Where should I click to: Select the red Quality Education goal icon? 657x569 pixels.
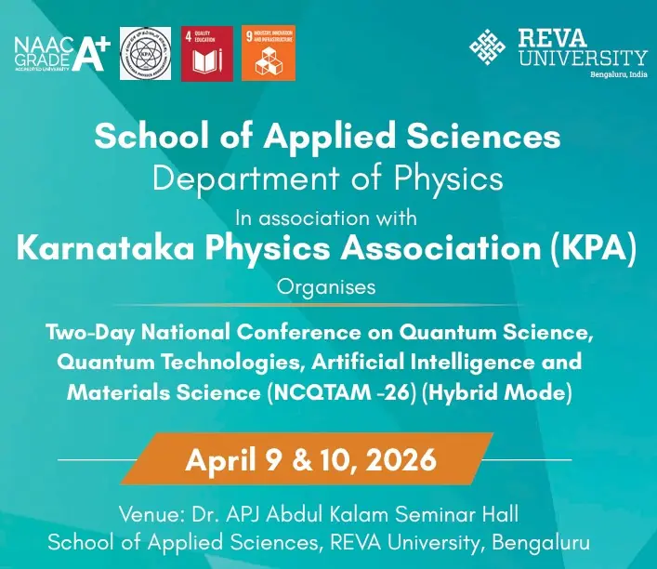coord(206,53)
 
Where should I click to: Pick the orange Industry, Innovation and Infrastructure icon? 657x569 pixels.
coord(268,53)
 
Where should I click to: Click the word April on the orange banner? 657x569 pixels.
coord(219,458)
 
